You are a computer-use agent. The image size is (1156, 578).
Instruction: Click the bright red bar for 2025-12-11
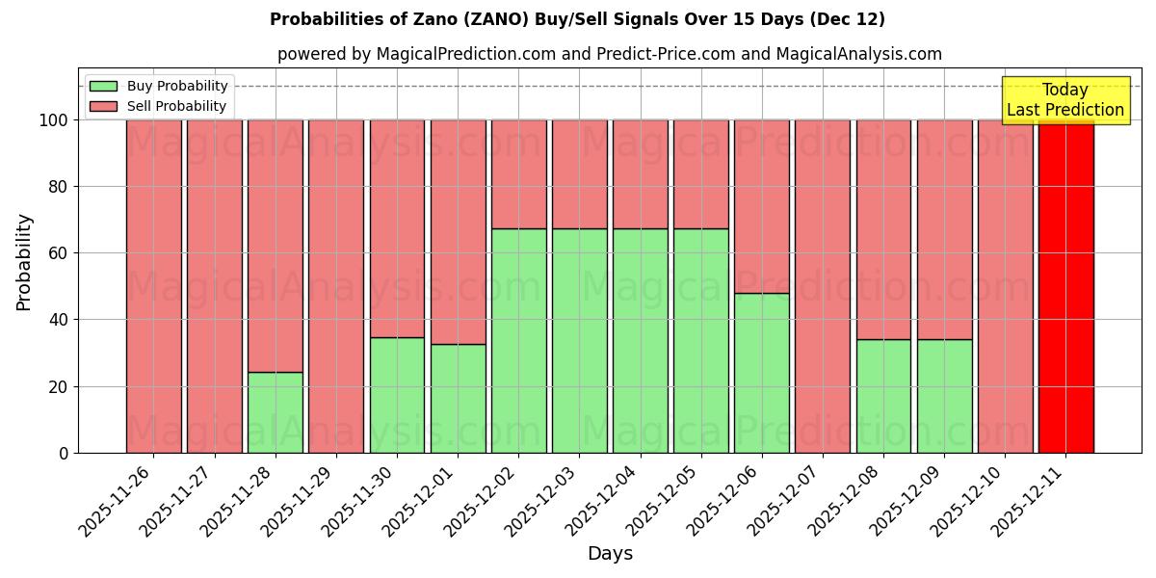point(1065,286)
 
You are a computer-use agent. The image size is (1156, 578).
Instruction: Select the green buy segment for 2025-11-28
point(276,412)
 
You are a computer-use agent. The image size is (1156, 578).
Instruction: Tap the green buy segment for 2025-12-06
point(762,373)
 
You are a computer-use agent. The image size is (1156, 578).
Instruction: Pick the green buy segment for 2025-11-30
point(397,395)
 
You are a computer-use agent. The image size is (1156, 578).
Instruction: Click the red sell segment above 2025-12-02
point(519,174)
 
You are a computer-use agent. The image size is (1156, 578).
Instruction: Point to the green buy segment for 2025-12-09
point(944,396)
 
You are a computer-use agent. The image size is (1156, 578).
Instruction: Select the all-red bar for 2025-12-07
point(823,286)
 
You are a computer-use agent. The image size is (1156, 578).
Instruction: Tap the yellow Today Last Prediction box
point(1065,100)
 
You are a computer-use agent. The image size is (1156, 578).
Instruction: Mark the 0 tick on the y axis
point(64,453)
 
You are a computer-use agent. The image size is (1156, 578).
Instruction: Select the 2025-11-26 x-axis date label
point(116,500)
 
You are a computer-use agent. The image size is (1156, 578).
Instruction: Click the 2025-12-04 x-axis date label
point(602,500)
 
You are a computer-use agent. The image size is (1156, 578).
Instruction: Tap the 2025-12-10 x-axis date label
point(967,500)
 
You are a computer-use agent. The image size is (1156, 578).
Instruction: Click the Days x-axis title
point(610,554)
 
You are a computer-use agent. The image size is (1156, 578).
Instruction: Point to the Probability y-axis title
point(24,262)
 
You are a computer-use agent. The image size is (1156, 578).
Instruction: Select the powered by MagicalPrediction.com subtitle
point(609,54)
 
